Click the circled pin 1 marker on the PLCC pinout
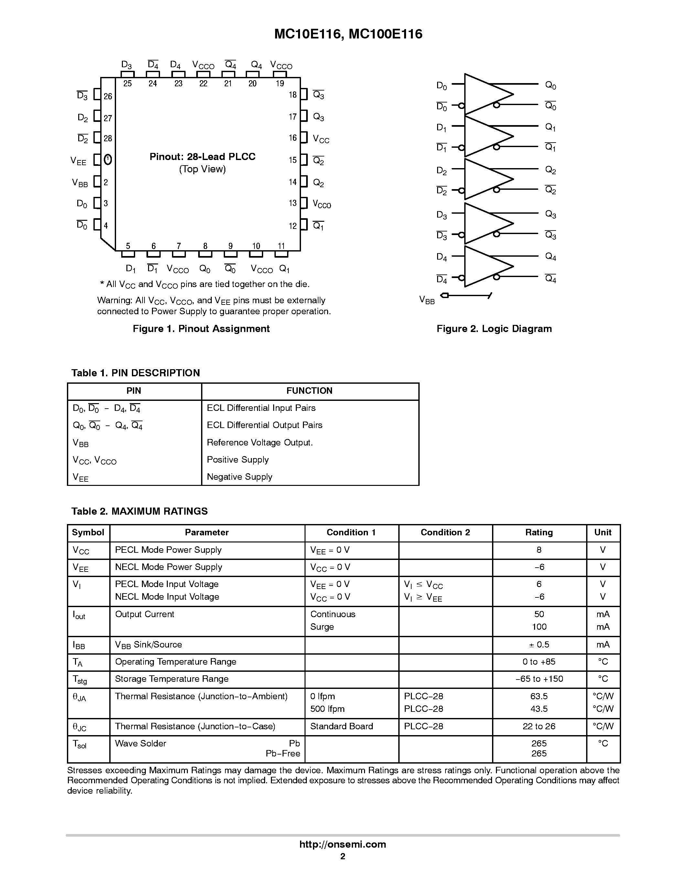tap(107, 160)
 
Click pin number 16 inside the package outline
tap(293, 138)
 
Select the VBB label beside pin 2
tap(80, 183)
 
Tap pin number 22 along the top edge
tap(203, 83)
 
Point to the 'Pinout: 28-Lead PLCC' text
tap(202, 157)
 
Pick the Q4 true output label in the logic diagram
tap(550, 257)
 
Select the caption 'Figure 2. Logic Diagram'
tap(494, 328)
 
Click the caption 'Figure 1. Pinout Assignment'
tap(201, 328)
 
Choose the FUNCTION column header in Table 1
tap(309, 391)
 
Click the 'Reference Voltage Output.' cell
tap(260, 443)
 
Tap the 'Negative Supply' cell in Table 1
tap(239, 477)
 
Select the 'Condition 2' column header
tap(445, 532)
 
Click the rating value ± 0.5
tap(539, 644)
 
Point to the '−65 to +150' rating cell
tap(539, 679)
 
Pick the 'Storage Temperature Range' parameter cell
tap(172, 679)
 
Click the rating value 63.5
tap(539, 696)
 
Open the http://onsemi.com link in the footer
tap(343, 844)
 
